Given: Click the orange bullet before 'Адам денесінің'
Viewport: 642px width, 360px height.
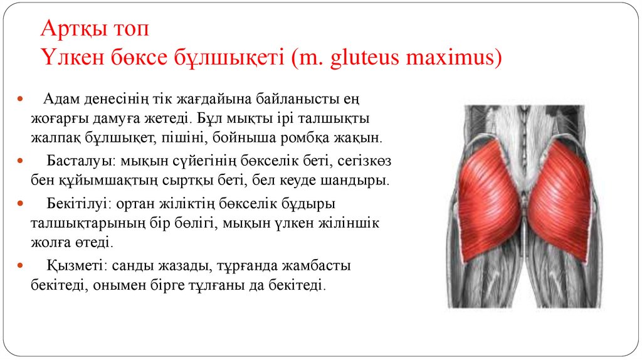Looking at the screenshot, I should coord(19,100).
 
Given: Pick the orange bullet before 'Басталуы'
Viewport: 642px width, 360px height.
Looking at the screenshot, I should coord(19,161).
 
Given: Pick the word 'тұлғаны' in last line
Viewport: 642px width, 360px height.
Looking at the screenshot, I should coord(239,285).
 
